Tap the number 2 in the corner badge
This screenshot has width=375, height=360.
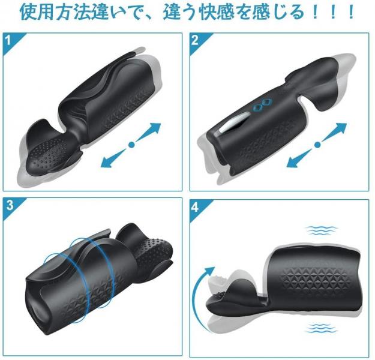(x=194, y=40)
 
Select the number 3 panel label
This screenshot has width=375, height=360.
(x=10, y=205)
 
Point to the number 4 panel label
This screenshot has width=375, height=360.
(x=195, y=207)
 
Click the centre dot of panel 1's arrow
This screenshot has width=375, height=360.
(x=131, y=145)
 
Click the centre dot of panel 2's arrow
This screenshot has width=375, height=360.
(x=317, y=145)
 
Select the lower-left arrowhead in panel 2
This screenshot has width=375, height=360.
(x=293, y=162)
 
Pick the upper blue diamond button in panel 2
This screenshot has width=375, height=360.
(x=267, y=101)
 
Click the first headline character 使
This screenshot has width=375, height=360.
(x=28, y=12)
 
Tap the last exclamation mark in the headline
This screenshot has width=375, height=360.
(x=350, y=12)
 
